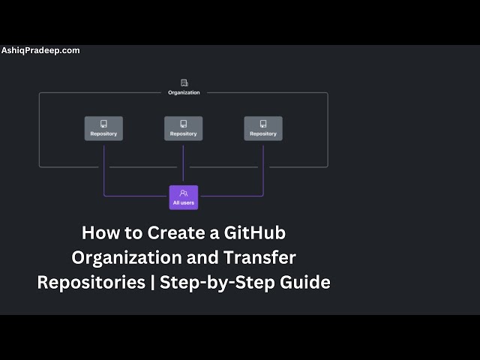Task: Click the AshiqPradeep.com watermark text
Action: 40,50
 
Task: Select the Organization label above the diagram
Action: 184,93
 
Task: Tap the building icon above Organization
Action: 184,82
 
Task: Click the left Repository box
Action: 103,128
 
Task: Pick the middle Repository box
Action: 183,128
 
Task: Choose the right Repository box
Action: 263,128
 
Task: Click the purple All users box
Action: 184,197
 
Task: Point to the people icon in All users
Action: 184,193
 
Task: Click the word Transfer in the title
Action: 259,257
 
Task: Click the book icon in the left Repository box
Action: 103,124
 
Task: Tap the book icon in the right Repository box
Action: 263,124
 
